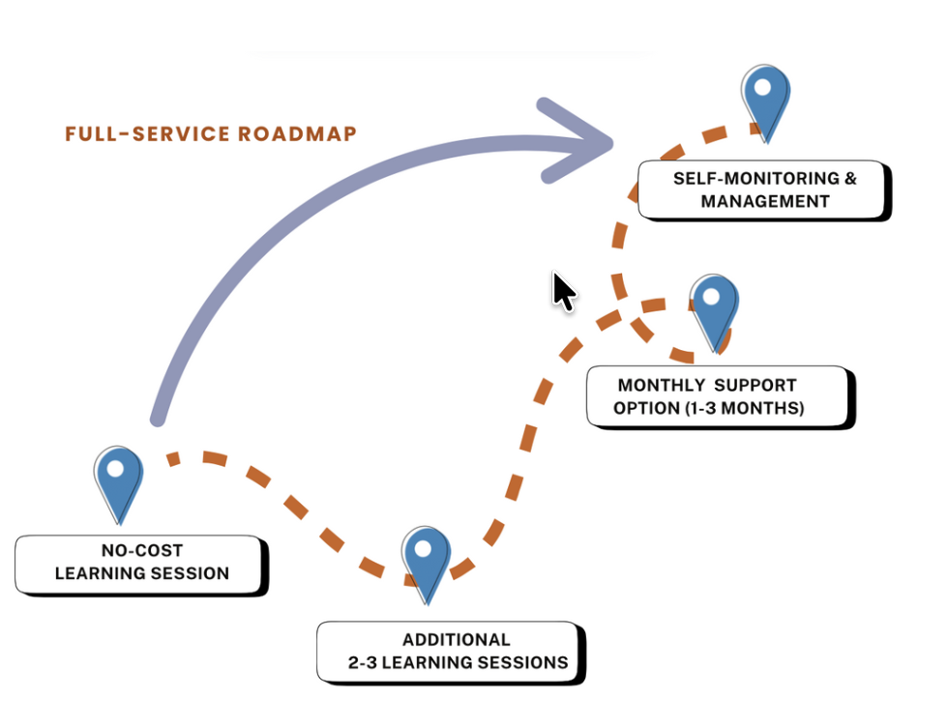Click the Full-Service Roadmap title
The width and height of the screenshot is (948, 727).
tap(211, 133)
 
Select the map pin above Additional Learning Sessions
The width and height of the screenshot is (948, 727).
tap(426, 561)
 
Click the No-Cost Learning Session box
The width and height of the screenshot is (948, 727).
tap(141, 563)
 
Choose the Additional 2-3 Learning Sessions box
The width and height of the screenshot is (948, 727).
tap(452, 651)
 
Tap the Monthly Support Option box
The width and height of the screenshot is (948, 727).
tap(721, 396)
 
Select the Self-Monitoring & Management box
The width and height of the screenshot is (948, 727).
tap(764, 189)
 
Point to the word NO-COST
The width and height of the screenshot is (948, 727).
tap(142, 551)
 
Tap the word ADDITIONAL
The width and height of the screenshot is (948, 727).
tap(457, 640)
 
